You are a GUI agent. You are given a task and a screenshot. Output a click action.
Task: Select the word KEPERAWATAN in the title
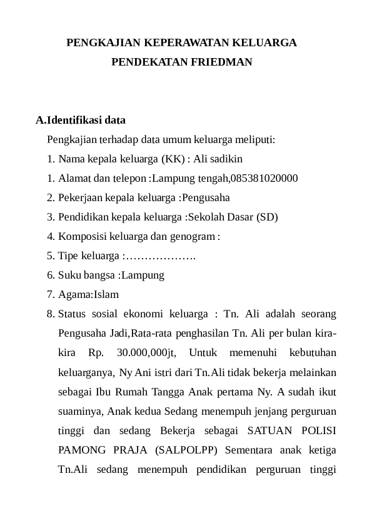pyautogui.click(x=188, y=44)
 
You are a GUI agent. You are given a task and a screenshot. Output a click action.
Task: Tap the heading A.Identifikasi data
pyautogui.click(x=81, y=119)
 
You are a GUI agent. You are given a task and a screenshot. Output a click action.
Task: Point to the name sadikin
pyautogui.click(x=227, y=159)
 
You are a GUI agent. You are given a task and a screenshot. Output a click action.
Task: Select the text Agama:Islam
pyautogui.click(x=88, y=294)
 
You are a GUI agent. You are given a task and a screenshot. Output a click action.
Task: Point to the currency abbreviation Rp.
pyautogui.click(x=96, y=352)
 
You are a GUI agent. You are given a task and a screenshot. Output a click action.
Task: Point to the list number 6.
pyautogui.click(x=50, y=275)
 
